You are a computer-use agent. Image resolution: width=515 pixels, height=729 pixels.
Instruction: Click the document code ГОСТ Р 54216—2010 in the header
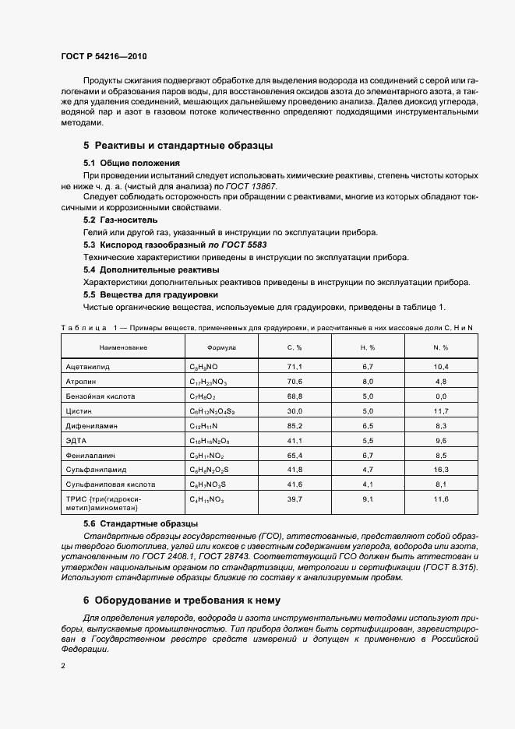pos(104,57)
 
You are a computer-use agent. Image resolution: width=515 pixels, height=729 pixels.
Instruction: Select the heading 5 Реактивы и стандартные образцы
pos(178,146)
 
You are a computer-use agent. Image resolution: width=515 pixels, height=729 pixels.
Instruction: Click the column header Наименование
pos(123,347)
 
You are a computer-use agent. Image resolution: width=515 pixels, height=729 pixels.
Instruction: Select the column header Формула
pos(221,347)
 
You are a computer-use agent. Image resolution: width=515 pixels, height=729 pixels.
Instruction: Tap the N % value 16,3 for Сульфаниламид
pos(440,470)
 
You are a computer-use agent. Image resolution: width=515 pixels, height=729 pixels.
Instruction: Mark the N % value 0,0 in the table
pos(440,396)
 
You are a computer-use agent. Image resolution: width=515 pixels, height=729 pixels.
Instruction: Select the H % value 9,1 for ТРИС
pos(368,498)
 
